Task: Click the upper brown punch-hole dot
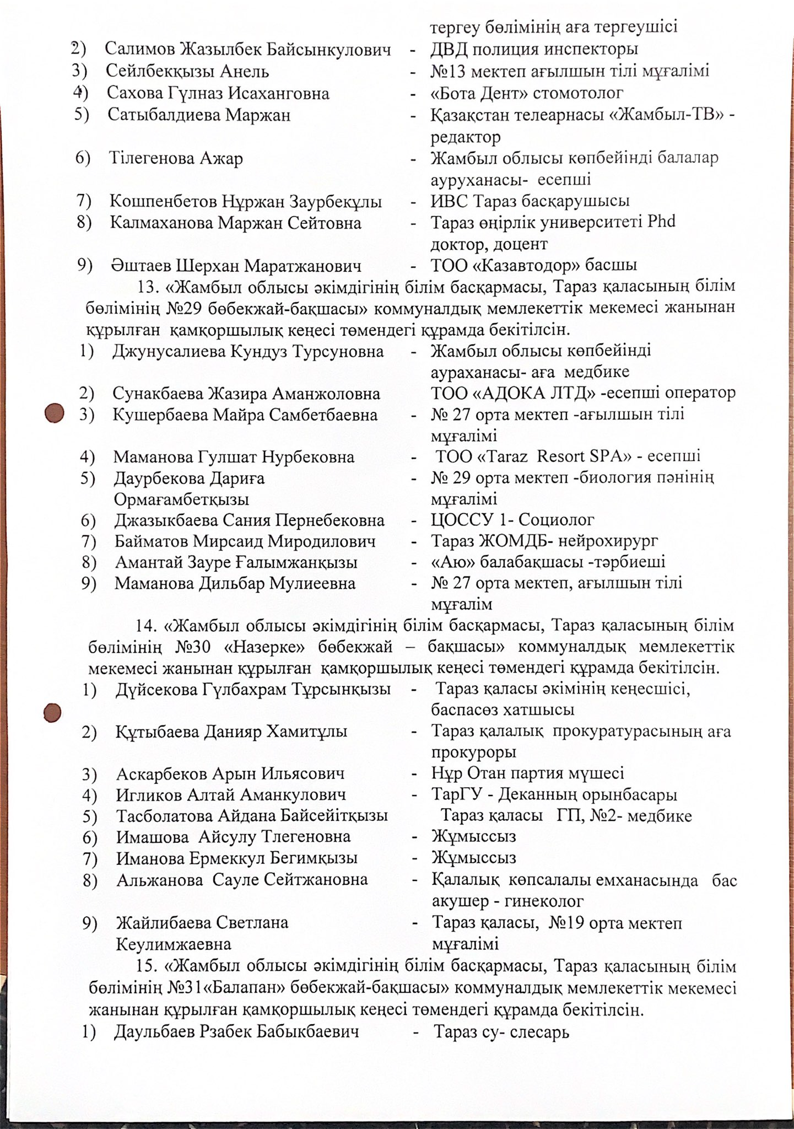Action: (x=55, y=413)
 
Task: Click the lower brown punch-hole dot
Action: (x=53, y=712)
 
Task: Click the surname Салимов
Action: (x=140, y=50)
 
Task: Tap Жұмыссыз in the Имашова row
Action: (x=474, y=837)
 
